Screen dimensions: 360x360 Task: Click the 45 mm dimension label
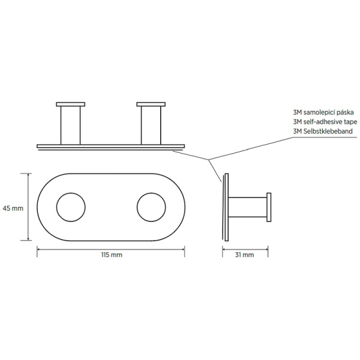[x=13, y=208]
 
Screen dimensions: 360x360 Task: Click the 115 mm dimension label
[x=111, y=255]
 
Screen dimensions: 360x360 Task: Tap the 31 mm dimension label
[x=247, y=255]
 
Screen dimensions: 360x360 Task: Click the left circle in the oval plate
[x=71, y=208]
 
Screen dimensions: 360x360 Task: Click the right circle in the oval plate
[x=151, y=208]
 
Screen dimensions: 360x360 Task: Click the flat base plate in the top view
[x=111, y=145]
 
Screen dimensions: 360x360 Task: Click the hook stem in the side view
[x=248, y=208]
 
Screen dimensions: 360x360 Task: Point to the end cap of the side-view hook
[x=269, y=208]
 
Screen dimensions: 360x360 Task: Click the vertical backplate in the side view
[x=227, y=208]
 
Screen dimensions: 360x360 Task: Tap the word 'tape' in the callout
[x=347, y=122]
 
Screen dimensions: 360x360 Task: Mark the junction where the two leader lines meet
[x=209, y=159]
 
